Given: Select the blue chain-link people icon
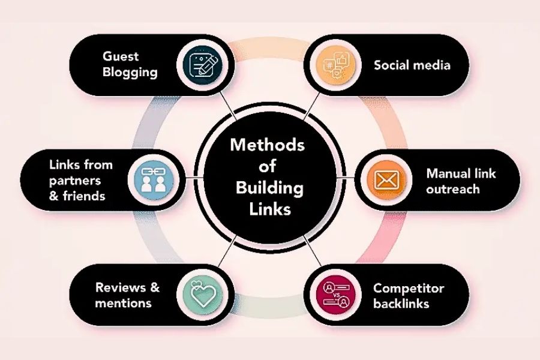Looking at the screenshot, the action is pyautogui.click(x=154, y=180).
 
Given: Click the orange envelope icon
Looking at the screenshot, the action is pyautogui.click(x=386, y=180).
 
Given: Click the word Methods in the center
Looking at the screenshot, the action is pyautogui.click(x=268, y=145).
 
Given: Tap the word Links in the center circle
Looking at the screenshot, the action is pyautogui.click(x=270, y=209).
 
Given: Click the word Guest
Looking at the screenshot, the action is pyautogui.click(x=121, y=56).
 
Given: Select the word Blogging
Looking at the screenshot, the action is pyautogui.click(x=130, y=73).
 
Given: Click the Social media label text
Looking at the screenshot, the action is pyautogui.click(x=412, y=65).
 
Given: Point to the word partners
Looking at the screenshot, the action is pyautogui.click(x=76, y=181).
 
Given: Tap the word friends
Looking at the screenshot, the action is pyautogui.click(x=84, y=196).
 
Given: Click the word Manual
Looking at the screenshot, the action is pyautogui.click(x=446, y=173).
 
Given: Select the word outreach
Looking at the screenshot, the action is pyautogui.click(x=453, y=189).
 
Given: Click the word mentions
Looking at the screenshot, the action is pyautogui.click(x=123, y=303).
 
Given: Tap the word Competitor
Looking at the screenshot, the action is pyautogui.click(x=409, y=289).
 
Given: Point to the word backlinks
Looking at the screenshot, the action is pyautogui.click(x=401, y=304).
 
